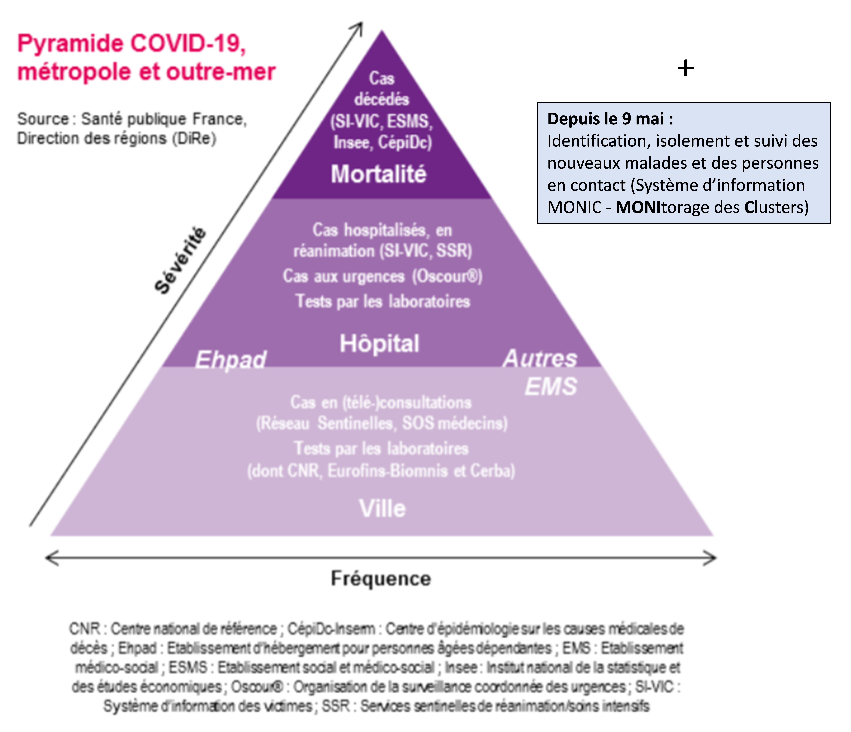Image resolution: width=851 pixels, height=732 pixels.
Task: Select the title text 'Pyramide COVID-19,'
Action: (x=131, y=43)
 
